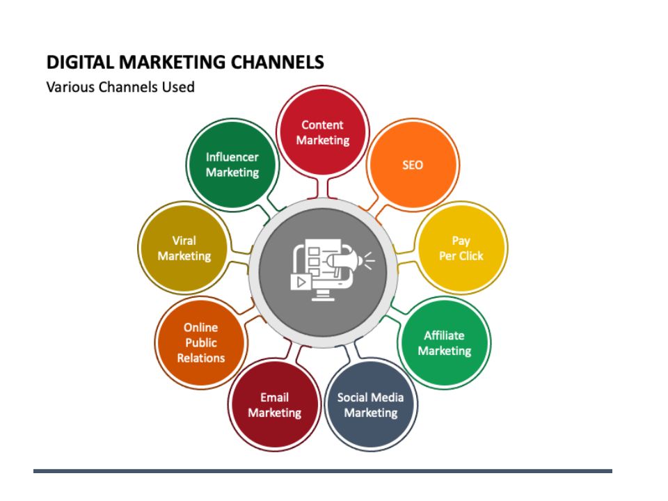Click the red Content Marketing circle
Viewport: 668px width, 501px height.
pos(322,132)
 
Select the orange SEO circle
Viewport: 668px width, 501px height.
pos(413,165)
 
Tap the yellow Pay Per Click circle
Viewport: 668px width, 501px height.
pos(461,248)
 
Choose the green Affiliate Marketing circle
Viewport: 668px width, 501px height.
pos(445,343)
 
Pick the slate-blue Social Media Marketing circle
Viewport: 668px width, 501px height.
pos(371,405)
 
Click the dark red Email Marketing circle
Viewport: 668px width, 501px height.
pos(274,405)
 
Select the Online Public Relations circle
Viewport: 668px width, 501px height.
pos(201,343)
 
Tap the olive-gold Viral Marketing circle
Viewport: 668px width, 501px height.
pos(184,248)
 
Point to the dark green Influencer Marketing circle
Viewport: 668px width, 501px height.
pos(232,165)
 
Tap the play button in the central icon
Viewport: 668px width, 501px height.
pos(301,282)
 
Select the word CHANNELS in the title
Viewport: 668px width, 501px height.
pos(278,62)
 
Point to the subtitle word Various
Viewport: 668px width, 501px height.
pos(70,87)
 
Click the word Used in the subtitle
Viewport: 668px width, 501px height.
pos(178,87)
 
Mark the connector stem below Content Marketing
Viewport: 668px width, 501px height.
pos(322,189)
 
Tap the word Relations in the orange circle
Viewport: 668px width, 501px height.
pos(201,358)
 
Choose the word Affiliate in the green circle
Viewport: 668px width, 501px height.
pos(444,335)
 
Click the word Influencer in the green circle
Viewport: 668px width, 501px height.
pos(232,157)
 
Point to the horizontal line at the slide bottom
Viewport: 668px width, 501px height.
pos(322,471)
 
